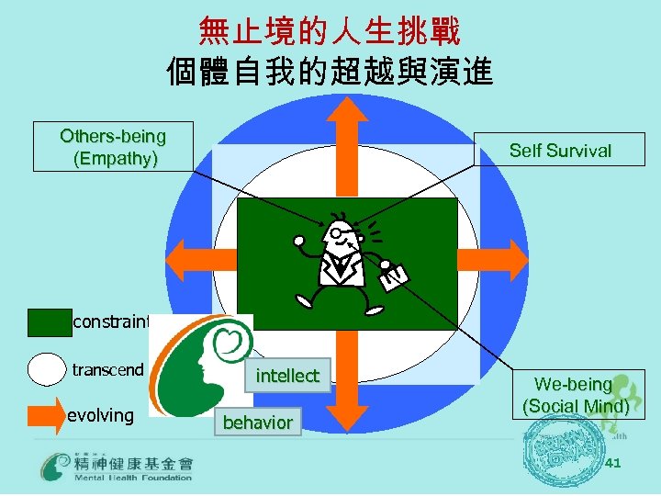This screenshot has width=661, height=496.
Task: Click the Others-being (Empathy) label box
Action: (113, 147)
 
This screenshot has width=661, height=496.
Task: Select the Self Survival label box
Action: (559, 150)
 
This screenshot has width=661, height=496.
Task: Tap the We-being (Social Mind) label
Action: (576, 395)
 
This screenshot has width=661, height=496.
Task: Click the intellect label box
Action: (287, 376)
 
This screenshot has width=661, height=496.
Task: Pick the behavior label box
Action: (258, 423)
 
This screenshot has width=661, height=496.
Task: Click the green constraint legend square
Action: (49, 322)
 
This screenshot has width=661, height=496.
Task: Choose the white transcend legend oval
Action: (47, 370)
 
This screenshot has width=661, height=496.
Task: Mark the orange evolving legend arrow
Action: (47, 415)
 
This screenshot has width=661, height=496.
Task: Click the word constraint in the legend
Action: (111, 321)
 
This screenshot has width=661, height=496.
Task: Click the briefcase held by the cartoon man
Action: (393, 274)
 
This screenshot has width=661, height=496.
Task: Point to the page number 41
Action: (613, 463)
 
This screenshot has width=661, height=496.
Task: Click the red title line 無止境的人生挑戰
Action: (330, 33)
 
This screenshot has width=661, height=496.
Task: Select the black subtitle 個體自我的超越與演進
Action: (330, 71)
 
